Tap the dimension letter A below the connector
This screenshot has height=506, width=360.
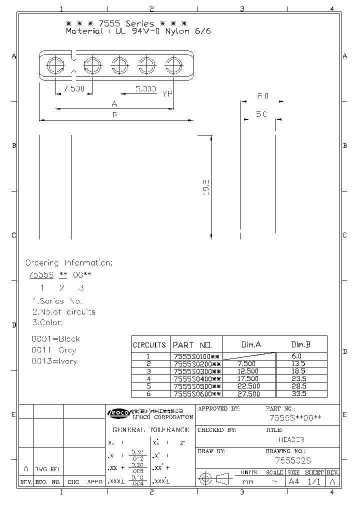[114, 103]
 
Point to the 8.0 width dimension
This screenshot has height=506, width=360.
[263, 95]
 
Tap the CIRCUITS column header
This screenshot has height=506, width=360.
[149, 345]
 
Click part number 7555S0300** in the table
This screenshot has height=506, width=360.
[196, 371]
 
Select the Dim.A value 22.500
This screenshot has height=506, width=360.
[248, 386]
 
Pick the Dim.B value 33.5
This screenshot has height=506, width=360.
[300, 394]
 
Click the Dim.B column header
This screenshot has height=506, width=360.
[300, 344]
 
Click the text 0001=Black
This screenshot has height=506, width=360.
[55, 338]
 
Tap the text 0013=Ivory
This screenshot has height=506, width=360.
[54, 361]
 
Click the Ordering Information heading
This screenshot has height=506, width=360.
[68, 262]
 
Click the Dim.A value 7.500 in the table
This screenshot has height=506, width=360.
[247, 363]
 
